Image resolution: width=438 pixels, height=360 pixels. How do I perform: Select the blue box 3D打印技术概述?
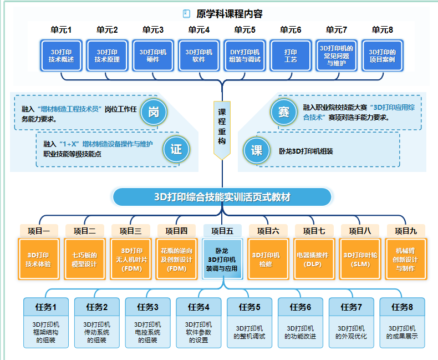coord(62,55)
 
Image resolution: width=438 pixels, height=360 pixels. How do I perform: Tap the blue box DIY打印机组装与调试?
coord(245,55)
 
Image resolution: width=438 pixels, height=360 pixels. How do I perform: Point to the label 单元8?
coord(383,30)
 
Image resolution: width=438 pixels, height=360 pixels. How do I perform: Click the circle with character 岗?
coord(154,113)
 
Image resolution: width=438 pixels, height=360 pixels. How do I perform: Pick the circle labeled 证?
coord(176,149)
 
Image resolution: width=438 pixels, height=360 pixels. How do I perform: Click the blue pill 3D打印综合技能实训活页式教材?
coord(222,197)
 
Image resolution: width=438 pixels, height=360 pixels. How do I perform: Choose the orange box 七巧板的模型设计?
coord(84,260)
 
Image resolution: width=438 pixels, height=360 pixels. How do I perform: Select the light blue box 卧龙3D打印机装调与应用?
coord(222,260)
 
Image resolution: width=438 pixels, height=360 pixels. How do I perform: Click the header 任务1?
coord(45,307)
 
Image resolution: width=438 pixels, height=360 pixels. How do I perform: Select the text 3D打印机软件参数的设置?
coord(198,332)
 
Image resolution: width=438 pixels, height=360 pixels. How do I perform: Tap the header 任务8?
coord(403,307)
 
